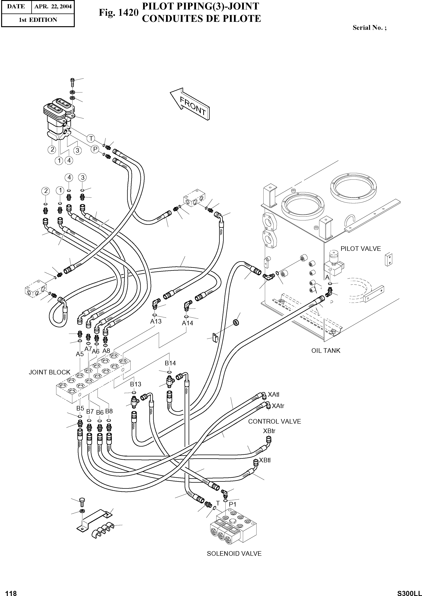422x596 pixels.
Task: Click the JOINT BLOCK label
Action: (x=49, y=372)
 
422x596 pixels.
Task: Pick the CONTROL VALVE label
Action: (x=274, y=422)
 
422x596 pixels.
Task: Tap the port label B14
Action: (x=170, y=363)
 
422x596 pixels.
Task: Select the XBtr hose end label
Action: (x=269, y=431)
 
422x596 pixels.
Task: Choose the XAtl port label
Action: (x=273, y=395)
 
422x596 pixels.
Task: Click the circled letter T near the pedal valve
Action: (x=91, y=138)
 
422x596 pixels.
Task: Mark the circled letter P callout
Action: (x=95, y=149)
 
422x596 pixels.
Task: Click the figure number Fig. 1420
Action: (x=118, y=12)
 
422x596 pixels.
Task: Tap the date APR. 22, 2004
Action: (x=53, y=6)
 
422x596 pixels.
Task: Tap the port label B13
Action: (x=135, y=384)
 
